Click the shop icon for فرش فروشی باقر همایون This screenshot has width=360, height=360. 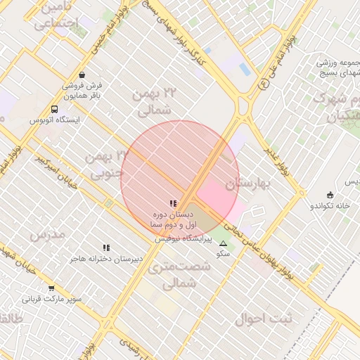(82, 75)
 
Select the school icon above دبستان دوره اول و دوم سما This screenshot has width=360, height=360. (173, 203)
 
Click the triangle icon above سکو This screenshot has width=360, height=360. (224, 243)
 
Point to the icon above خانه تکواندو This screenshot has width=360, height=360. (330, 195)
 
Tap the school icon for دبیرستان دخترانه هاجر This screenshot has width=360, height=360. (106, 248)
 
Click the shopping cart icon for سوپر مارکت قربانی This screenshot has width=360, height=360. (51, 288)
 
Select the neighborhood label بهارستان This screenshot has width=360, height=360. (247, 184)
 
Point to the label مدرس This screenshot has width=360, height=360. (48, 233)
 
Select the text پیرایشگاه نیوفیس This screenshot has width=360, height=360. (181, 239)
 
